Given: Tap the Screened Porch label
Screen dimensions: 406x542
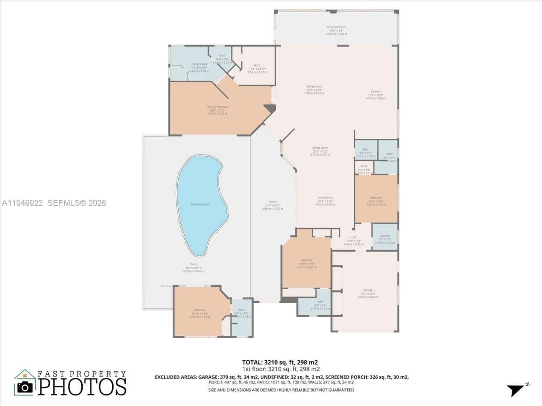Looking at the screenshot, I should coord(336,27).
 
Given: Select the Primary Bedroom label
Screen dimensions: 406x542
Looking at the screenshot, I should coord(217,107).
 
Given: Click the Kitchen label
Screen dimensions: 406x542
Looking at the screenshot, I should coord(376,92).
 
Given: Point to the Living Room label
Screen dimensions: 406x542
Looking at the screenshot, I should coord(314,87).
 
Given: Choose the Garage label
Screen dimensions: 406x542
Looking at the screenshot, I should coord(368,290).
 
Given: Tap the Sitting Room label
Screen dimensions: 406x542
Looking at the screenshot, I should coord(320,148).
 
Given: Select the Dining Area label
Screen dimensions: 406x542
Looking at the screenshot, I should coord(325,198).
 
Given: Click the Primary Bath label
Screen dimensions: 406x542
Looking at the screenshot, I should coord(199,64).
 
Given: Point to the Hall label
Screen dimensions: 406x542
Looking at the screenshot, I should coord(354,237).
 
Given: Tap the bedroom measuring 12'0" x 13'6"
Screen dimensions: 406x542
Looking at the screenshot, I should coord(376,199).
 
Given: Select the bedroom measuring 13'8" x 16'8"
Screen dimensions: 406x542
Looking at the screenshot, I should coord(307,262).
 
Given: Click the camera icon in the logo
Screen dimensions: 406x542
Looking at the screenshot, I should coord(25,387).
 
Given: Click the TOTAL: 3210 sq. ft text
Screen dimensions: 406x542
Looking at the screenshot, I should coord(279,362).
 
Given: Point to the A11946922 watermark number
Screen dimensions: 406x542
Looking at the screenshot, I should coord(22,203).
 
